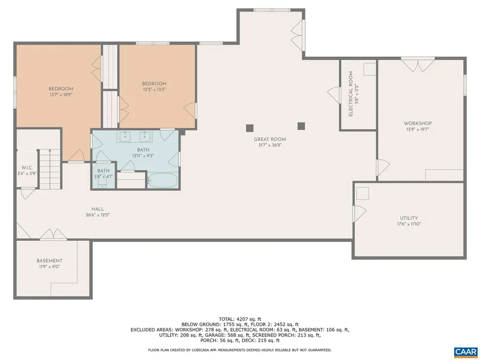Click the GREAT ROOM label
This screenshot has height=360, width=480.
tap(270, 139)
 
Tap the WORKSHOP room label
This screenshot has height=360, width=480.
tap(418, 123)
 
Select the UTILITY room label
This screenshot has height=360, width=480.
tap(409, 218)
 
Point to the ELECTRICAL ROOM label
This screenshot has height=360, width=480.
tap(351, 94)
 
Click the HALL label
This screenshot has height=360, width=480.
tap(97, 209)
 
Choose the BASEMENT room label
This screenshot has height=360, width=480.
tap(50, 261)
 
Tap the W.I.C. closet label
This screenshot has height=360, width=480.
tap(27, 168)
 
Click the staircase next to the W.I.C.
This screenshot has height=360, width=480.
tap(49, 169)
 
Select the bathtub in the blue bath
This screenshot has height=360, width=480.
tap(162, 180)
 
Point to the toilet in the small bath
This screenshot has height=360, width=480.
tap(102, 184)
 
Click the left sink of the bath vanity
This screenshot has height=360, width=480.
tap(125, 136)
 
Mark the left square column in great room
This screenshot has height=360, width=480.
tap(250, 128)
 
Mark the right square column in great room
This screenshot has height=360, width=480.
tap(301, 126)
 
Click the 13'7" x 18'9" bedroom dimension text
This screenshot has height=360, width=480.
tap(61, 95)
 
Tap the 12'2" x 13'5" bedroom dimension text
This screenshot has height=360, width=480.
tap(154, 90)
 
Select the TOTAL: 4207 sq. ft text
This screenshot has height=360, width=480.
tap(240, 319)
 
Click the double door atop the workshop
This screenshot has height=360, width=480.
tap(418, 65)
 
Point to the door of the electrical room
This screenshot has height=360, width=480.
tap(334, 95)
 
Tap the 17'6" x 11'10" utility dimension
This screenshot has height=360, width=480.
tap(409, 224)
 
